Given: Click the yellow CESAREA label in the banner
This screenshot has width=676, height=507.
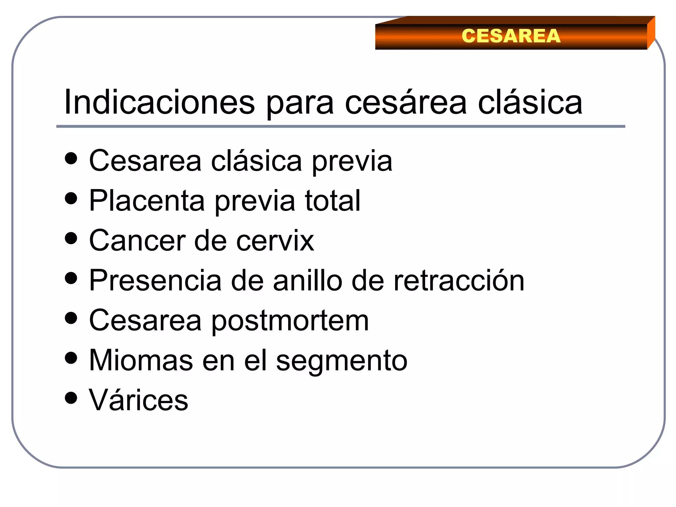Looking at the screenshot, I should [x=511, y=36].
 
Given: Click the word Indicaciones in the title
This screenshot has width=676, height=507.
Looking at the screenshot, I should [x=159, y=102].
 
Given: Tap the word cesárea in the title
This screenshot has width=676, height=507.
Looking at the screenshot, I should [x=406, y=102].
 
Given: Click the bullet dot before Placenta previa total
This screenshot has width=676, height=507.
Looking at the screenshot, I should [x=71, y=199].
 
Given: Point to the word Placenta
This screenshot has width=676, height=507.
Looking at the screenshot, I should [x=147, y=201].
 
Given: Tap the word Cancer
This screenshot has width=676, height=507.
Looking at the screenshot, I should [x=137, y=241].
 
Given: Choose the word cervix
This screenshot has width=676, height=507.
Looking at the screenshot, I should [x=275, y=241].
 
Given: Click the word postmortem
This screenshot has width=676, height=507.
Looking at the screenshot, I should [x=290, y=321].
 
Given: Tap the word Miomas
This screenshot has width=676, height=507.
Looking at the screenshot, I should [x=141, y=360].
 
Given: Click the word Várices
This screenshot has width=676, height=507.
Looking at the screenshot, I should [x=138, y=400].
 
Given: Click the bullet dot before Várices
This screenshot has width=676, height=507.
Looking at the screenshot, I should [x=71, y=398].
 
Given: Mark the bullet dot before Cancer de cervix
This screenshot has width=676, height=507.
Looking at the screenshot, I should [x=71, y=238].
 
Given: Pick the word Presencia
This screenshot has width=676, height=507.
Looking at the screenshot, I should [x=155, y=281].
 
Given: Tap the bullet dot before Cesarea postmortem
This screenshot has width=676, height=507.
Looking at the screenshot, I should [x=71, y=319].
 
